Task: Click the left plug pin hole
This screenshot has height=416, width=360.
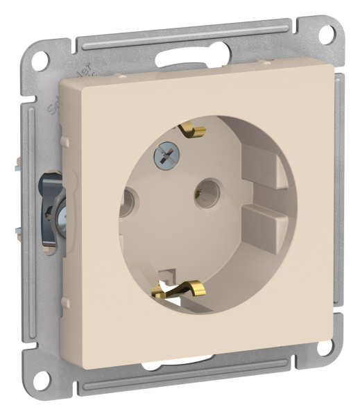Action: pos(128,203)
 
